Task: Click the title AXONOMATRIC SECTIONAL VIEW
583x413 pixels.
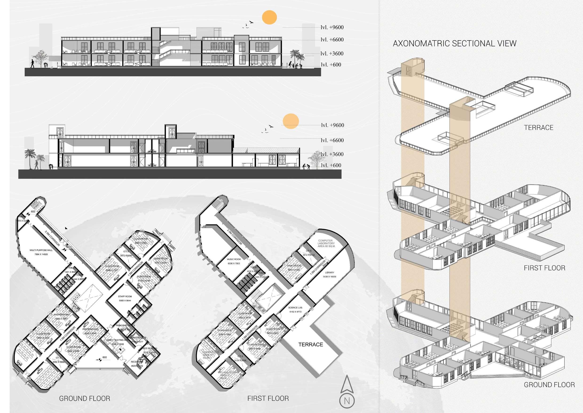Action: click(x=454, y=44)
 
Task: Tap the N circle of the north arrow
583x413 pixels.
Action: click(x=347, y=401)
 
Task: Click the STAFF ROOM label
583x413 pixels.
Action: click(x=125, y=296)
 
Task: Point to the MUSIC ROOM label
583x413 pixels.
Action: click(x=234, y=259)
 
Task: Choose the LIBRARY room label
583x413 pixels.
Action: click(x=330, y=273)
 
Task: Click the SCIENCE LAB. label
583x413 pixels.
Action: click(x=295, y=308)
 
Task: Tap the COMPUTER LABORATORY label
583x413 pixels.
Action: click(x=326, y=243)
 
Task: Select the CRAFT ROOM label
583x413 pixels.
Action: click(x=294, y=266)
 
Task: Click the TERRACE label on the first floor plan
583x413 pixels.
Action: click(x=311, y=344)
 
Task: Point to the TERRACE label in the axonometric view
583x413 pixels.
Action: click(x=539, y=128)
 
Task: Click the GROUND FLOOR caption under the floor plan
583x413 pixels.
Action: click(x=85, y=398)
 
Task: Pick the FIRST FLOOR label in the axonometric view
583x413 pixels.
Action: click(x=544, y=268)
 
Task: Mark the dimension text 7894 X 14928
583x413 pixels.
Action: click(x=41, y=254)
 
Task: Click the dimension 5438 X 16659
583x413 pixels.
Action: click(x=330, y=277)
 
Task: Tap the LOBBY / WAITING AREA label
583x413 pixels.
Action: click(x=118, y=340)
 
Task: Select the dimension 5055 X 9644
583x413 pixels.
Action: click(x=125, y=301)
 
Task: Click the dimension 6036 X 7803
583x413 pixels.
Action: click(x=234, y=263)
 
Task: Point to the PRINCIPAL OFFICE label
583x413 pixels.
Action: click(x=126, y=325)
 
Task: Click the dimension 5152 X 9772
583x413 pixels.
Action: click(x=295, y=312)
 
